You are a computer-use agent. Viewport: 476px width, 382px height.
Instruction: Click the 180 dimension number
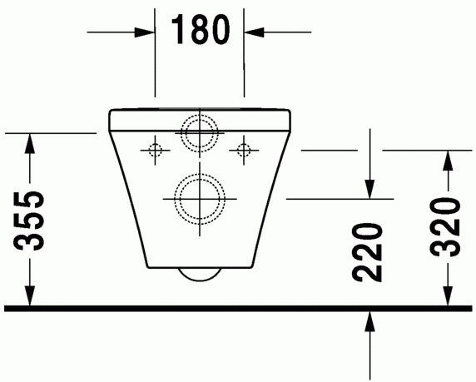(x=200, y=30)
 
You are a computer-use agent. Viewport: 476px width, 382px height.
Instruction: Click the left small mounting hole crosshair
(x=154, y=150)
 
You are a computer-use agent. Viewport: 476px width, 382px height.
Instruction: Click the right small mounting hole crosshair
(x=243, y=150)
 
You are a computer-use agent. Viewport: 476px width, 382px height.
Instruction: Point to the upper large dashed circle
(x=199, y=131)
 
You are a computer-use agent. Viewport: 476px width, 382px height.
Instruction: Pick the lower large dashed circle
(x=199, y=199)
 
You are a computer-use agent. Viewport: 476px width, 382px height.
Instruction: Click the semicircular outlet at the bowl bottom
(x=199, y=275)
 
